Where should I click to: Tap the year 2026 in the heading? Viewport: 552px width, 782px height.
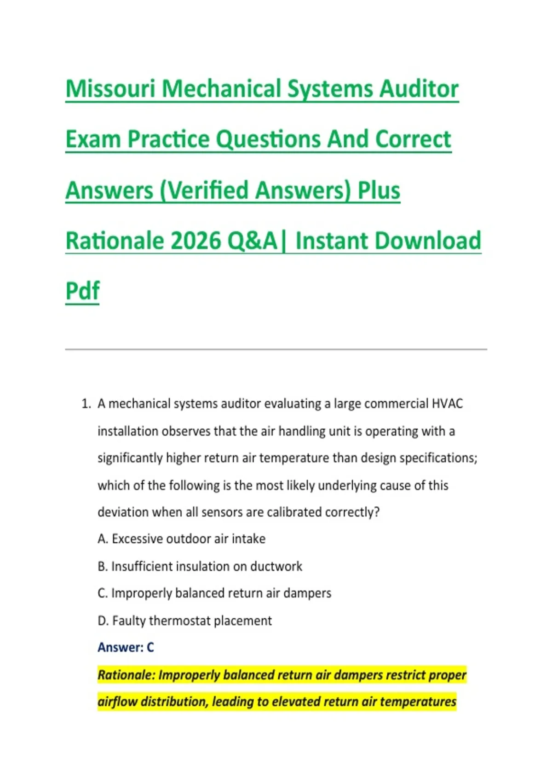[x=196, y=241]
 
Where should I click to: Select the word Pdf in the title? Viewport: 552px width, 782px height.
[x=82, y=291]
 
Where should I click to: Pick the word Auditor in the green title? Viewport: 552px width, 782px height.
[x=419, y=89]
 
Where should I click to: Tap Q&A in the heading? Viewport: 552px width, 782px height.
[x=252, y=241]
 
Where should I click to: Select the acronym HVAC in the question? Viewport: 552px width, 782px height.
[x=447, y=403]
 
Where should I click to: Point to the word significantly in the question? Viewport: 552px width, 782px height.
[x=130, y=458]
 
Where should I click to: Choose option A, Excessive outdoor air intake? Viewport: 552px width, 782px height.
[x=182, y=539]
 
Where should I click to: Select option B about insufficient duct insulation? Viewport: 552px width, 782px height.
[x=200, y=566]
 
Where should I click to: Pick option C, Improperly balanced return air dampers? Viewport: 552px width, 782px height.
[x=214, y=593]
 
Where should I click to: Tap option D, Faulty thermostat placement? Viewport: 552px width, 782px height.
[x=185, y=621]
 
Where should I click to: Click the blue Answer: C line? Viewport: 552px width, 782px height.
[x=126, y=648]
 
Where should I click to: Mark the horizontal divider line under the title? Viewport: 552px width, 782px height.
[x=276, y=349]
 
